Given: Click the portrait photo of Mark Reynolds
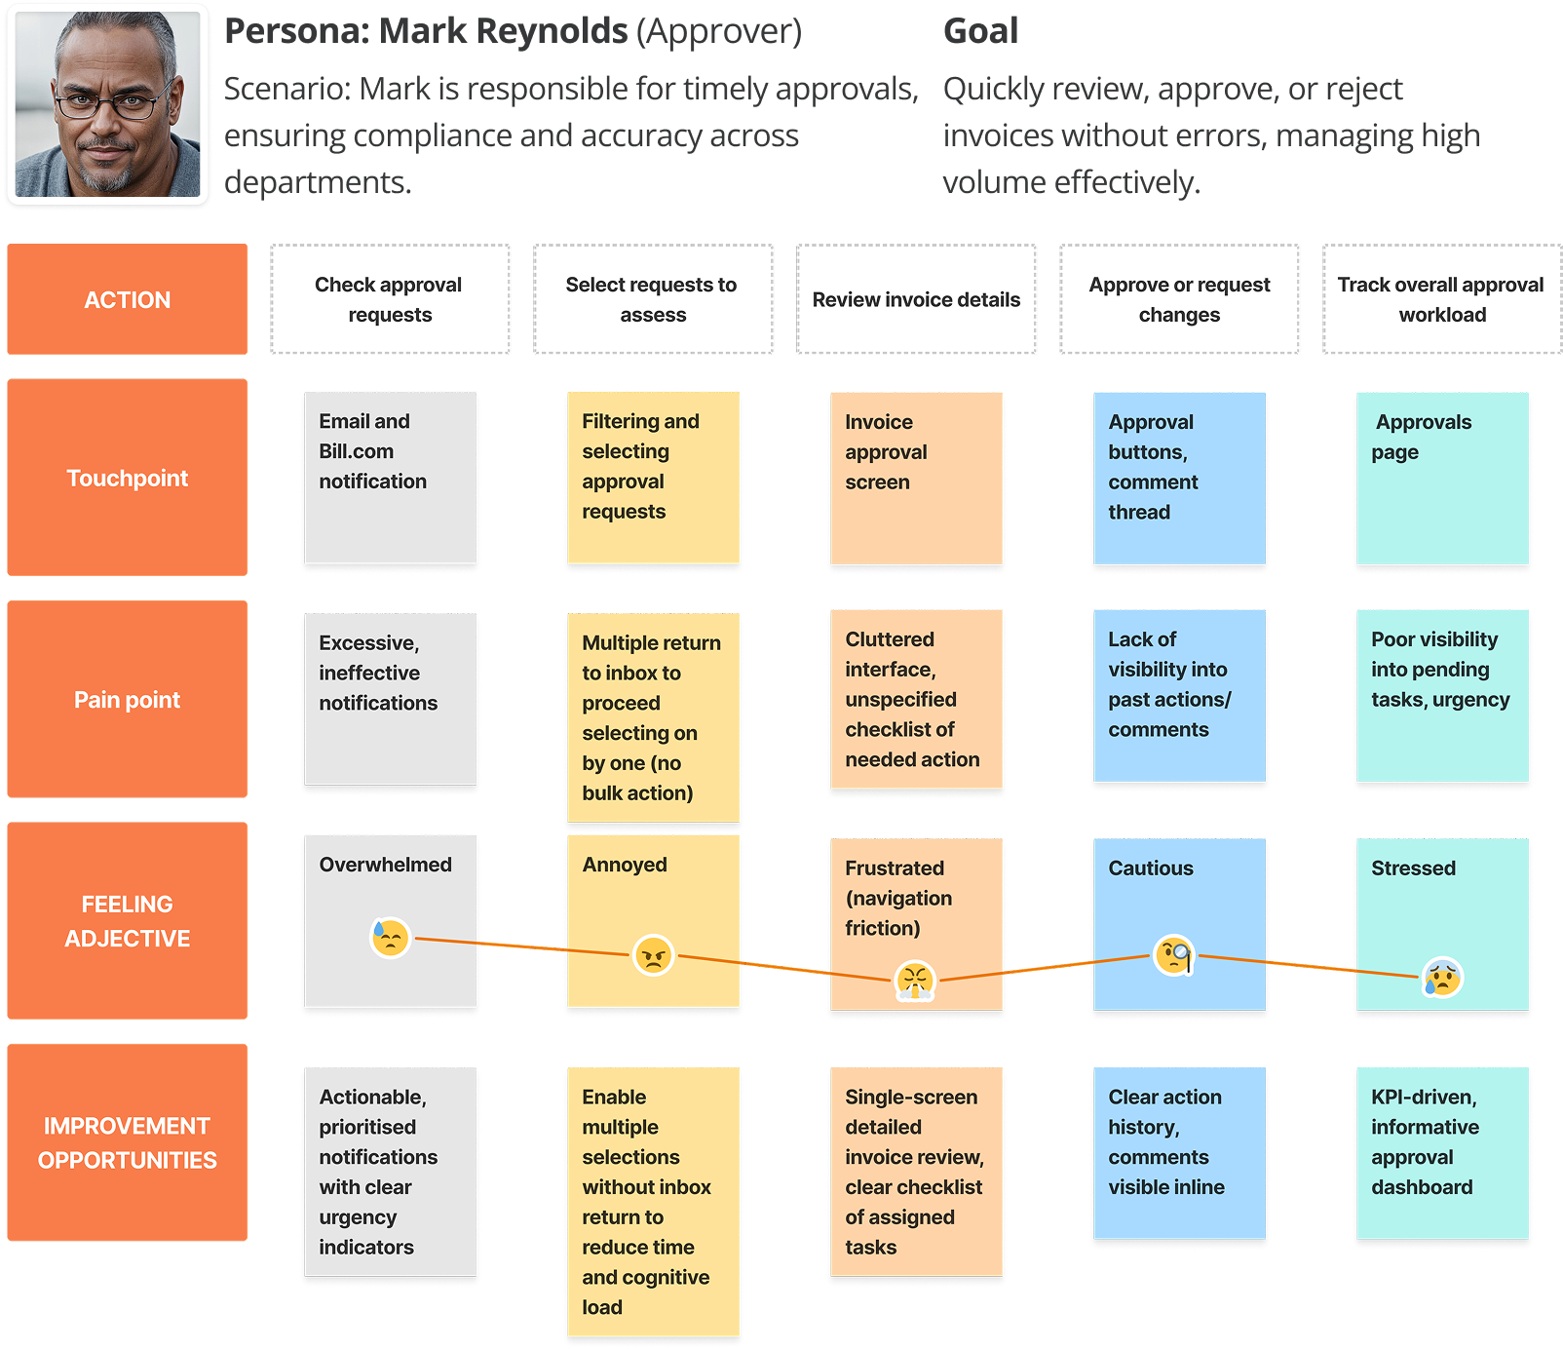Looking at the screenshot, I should pyautogui.click(x=107, y=105).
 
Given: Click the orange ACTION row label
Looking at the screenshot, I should pyautogui.click(x=128, y=299).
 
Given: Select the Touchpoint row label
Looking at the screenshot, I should pyautogui.click(x=128, y=478).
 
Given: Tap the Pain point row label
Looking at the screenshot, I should pyautogui.click(x=128, y=699).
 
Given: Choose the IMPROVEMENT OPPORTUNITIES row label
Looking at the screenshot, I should pyautogui.click(x=128, y=1142).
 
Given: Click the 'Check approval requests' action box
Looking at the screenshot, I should pyautogui.click(x=390, y=299).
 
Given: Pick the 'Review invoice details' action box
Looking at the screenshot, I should pyautogui.click(x=916, y=299).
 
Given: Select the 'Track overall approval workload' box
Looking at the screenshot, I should pyautogui.click(x=1441, y=299).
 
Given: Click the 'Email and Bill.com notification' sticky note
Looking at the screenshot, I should pyautogui.click(x=390, y=478).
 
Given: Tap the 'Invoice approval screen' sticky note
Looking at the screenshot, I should pyautogui.click(x=916, y=478).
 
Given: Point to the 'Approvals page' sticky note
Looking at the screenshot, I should pyautogui.click(x=1441, y=478).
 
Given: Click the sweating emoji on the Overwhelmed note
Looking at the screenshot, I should pyautogui.click(x=390, y=938).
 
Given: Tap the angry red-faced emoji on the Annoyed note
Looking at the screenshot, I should pyautogui.click(x=653, y=955).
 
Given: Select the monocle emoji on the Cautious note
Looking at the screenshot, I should pyautogui.click(x=1174, y=954).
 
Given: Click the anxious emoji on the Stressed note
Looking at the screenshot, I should pyautogui.click(x=1442, y=977).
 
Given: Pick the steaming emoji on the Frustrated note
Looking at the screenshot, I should pyautogui.click(x=915, y=981).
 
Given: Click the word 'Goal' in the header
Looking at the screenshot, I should pyautogui.click(x=980, y=31).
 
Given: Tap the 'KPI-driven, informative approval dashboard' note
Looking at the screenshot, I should pyautogui.click(x=1441, y=1155).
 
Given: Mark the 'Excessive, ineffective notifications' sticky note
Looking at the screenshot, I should pyautogui.click(x=390, y=699).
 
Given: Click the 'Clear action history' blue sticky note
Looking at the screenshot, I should pyautogui.click(x=1179, y=1155).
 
